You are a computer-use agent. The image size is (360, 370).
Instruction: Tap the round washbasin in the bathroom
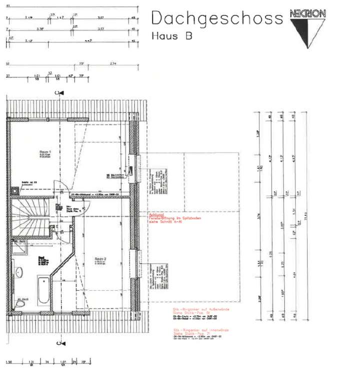click(x=18, y=273)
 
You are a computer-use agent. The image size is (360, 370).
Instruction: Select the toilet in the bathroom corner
click(x=19, y=302)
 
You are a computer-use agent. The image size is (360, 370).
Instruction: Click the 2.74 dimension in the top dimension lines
click(x=112, y=64)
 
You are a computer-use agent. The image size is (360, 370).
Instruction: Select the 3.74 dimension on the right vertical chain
click(x=258, y=216)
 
